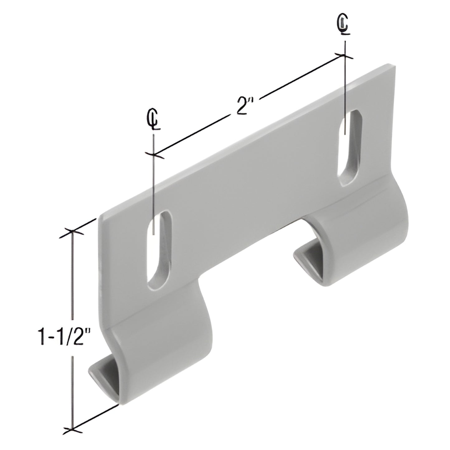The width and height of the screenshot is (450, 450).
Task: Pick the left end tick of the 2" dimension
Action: tap(154, 154)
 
